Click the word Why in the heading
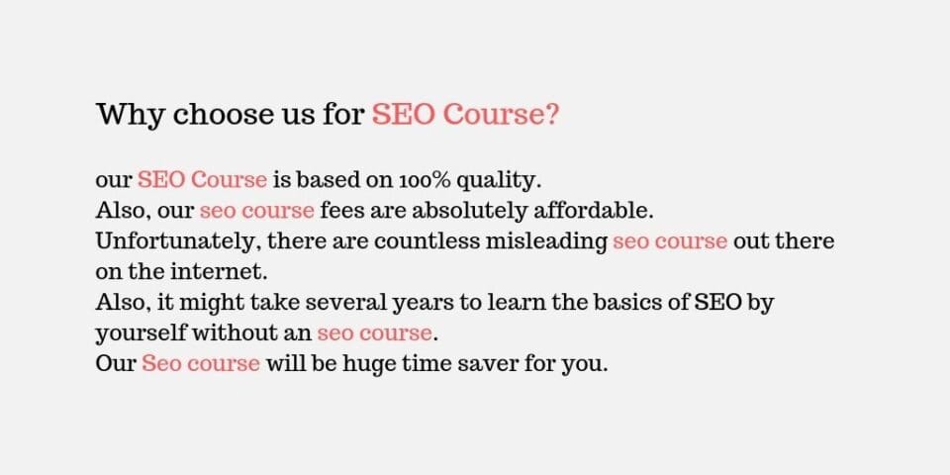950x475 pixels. point(129,115)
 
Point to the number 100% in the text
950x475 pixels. point(424,180)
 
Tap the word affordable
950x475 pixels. point(594,211)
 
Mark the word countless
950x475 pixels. point(427,241)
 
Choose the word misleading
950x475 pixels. point(546,242)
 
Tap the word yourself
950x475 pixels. point(142,333)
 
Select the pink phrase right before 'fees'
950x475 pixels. point(257,211)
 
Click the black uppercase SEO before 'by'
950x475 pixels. point(718,303)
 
